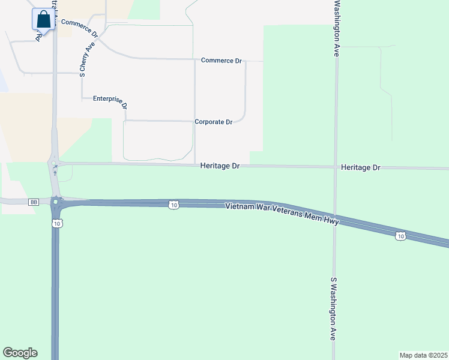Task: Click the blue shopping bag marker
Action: [44, 19]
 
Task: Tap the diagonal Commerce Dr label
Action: [79, 27]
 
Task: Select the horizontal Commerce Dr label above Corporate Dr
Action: [221, 61]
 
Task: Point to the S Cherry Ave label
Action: [88, 59]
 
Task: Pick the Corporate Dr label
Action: [213, 122]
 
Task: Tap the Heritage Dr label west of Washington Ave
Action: [220, 166]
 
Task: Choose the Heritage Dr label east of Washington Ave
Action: [360, 167]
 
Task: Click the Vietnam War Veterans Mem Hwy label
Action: [282, 214]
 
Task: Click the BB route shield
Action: [33, 202]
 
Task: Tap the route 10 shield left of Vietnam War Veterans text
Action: [173, 205]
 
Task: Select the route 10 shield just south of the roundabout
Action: [56, 223]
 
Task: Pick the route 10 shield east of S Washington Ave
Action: [400, 236]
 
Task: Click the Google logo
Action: [20, 353]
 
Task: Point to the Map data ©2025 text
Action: [423, 355]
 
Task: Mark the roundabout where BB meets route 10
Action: [56, 202]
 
